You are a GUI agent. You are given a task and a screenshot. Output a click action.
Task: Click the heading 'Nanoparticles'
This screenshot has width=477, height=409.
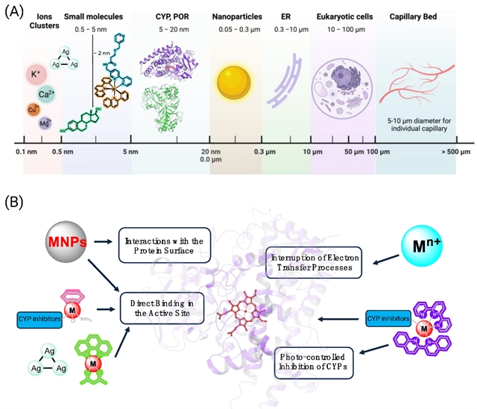(x=234, y=16)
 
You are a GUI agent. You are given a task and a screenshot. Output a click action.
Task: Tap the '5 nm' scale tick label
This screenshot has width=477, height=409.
(x=130, y=152)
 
